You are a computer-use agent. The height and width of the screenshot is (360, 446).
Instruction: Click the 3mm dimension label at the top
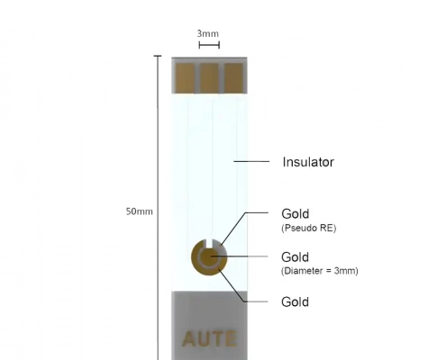(208, 33)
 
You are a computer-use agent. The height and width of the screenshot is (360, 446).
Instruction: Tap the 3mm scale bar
(209, 45)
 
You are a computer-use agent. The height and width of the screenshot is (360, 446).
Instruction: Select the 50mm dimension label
(140, 211)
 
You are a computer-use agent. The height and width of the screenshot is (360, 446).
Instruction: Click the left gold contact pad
(185, 78)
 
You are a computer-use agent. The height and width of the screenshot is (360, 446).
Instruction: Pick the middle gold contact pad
(209, 78)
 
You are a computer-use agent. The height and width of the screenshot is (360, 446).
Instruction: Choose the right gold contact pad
(233, 78)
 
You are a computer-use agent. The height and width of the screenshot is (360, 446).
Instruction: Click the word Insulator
(308, 162)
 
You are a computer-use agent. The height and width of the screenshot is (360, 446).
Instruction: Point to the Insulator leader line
(251, 161)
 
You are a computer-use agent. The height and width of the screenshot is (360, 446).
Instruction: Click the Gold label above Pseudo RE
(296, 214)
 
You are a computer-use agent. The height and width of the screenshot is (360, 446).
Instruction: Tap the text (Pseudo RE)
(309, 229)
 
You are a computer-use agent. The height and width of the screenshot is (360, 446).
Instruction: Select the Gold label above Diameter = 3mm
(296, 257)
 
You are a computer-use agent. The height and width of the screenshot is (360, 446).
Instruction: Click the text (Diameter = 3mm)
(320, 271)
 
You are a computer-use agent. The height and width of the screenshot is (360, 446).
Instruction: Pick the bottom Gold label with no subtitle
(296, 302)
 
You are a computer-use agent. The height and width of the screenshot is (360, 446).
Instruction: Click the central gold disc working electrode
(208, 257)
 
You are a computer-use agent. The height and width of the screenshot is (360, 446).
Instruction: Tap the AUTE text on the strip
(209, 339)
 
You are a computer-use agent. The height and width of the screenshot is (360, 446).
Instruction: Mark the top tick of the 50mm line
(158, 56)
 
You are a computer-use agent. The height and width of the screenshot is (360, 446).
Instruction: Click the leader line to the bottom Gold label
(239, 291)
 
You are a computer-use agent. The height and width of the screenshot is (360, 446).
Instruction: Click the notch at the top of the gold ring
(209, 243)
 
